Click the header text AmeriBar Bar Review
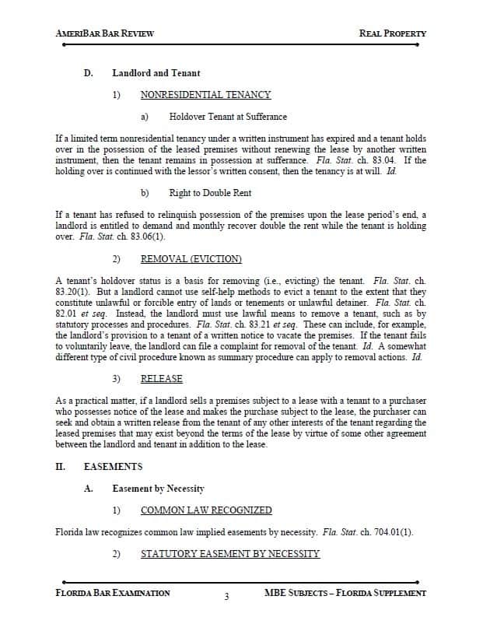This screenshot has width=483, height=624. [105, 33]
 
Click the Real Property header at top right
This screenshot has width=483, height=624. [393, 33]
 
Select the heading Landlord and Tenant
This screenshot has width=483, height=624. [156, 73]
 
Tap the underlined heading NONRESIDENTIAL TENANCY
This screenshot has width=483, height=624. [205, 95]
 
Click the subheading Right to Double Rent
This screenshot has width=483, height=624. [210, 192]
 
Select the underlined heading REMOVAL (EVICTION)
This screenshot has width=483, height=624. [191, 258]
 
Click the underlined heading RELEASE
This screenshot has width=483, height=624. [162, 379]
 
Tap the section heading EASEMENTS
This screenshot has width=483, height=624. [113, 467]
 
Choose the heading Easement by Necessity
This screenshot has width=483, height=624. [158, 489]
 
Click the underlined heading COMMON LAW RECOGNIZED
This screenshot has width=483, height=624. [206, 510]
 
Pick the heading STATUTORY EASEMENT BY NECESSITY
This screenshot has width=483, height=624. [230, 554]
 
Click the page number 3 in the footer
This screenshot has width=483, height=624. [226, 598]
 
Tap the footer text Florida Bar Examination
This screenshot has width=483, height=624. [114, 593]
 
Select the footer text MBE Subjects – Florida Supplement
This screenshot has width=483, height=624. [345, 593]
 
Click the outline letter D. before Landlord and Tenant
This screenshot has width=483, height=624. [89, 73]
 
